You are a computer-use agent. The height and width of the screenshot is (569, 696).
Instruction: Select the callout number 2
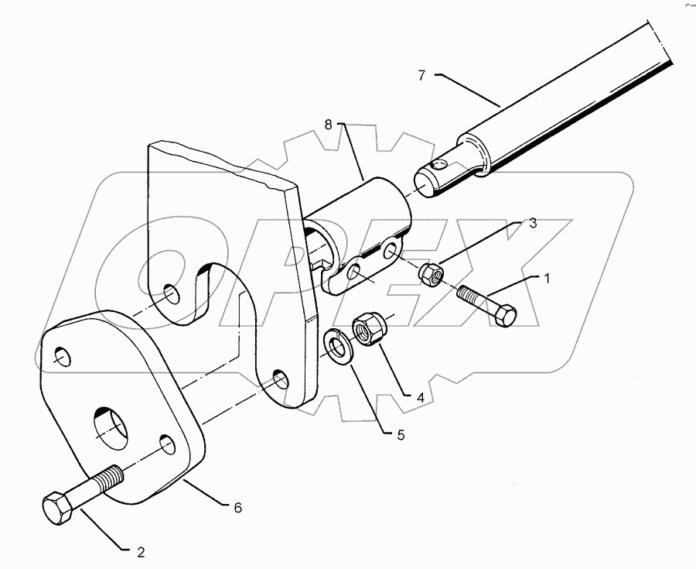(141, 553)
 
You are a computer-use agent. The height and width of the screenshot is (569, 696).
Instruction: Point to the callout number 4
(421, 397)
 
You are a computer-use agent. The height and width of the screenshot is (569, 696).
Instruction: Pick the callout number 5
(400, 435)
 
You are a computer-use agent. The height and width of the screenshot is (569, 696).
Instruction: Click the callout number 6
(238, 507)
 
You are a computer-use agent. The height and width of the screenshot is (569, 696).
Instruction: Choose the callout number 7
(421, 75)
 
